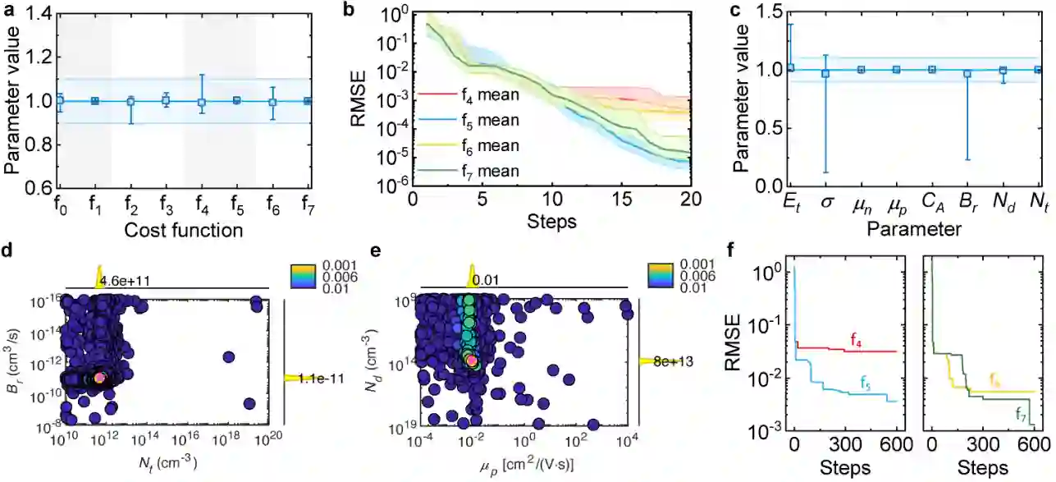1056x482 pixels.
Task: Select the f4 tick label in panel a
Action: click(201, 204)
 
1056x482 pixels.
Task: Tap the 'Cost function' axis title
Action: click(184, 230)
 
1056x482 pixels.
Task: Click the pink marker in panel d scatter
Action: click(100, 377)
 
